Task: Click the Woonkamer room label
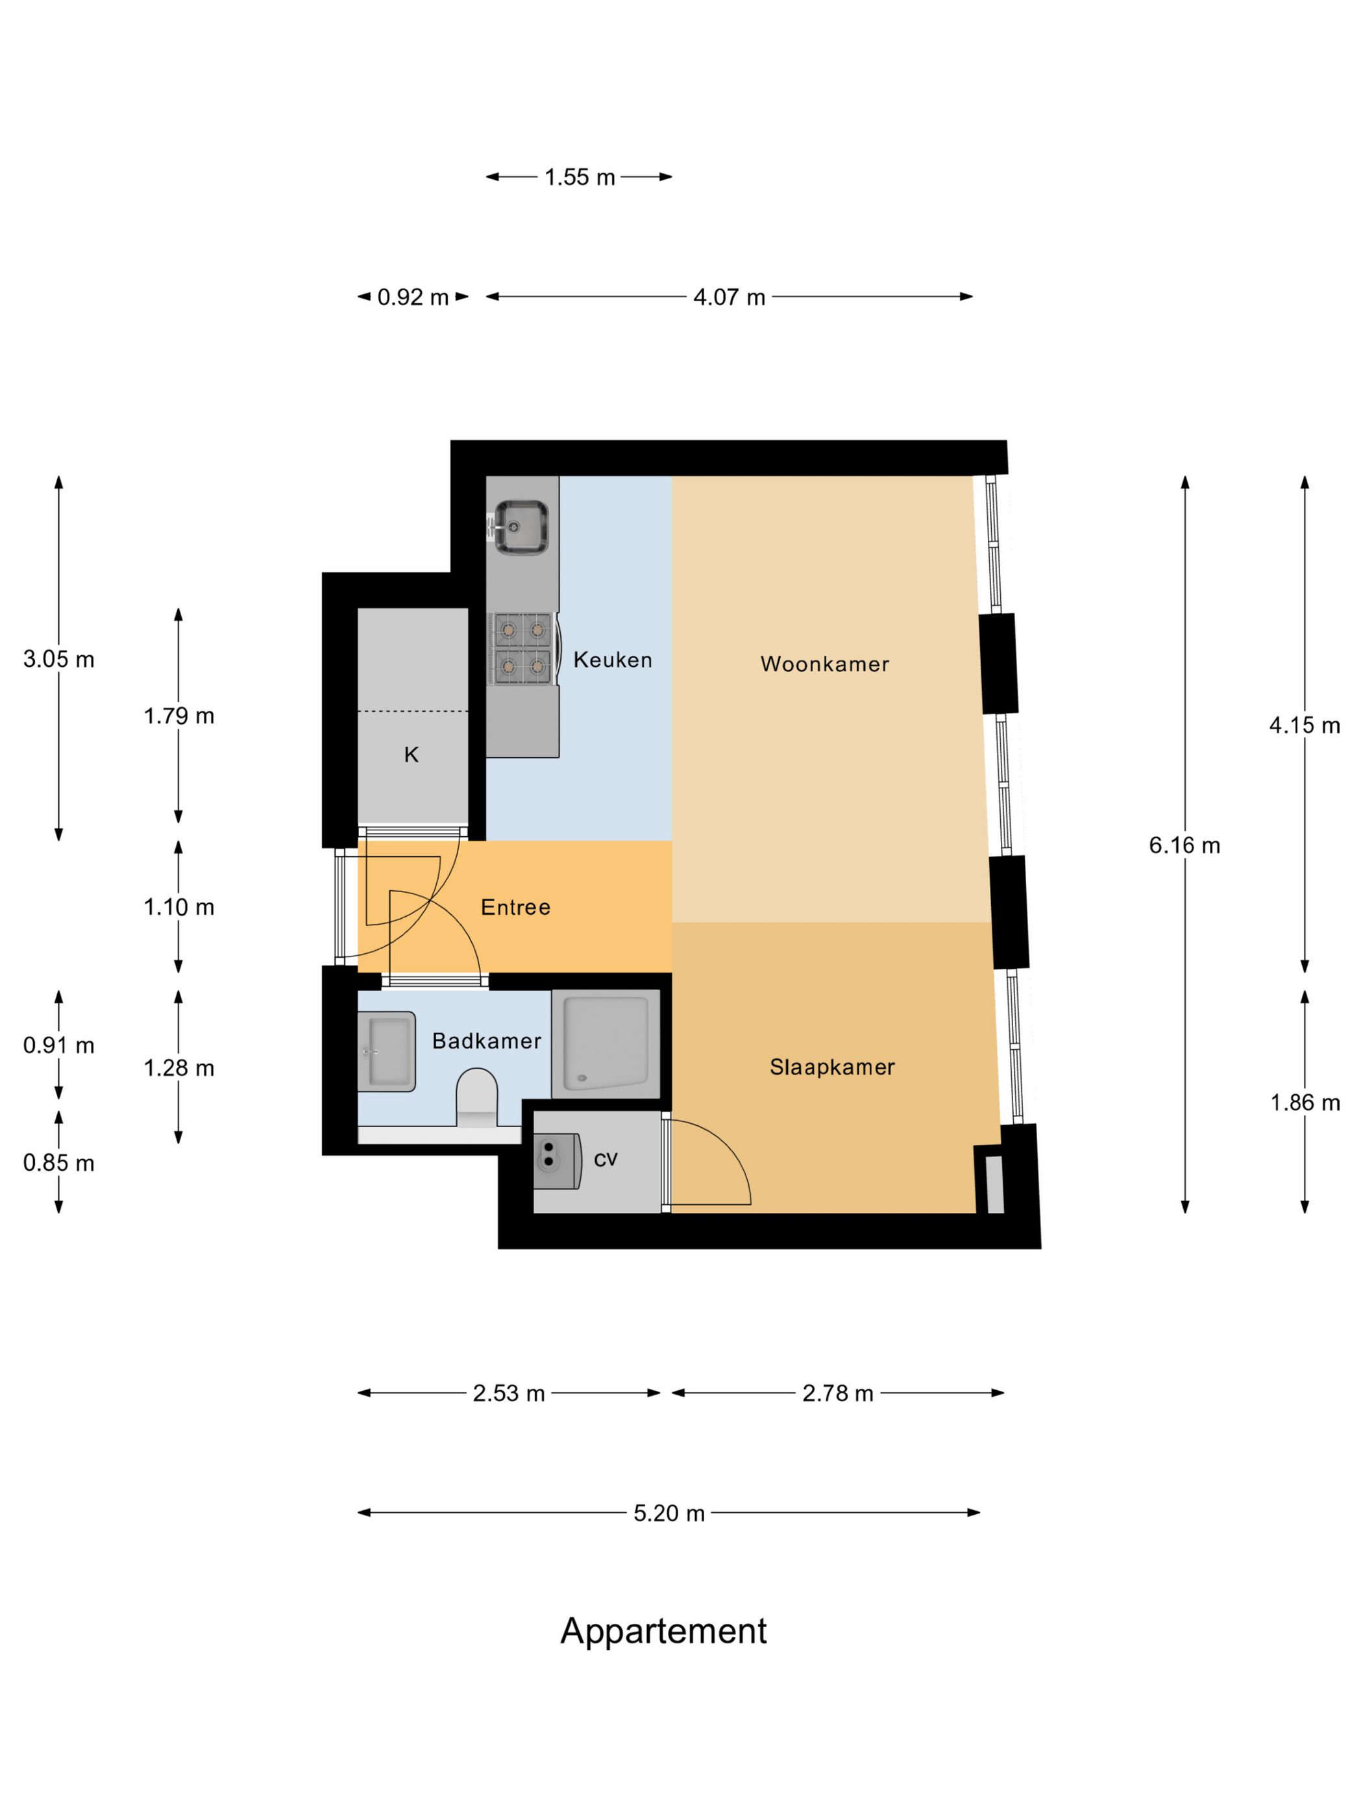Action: pyautogui.click(x=824, y=664)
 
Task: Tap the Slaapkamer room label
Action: pyautogui.click(x=831, y=1067)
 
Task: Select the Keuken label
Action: pyautogui.click(x=612, y=659)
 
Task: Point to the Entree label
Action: pyautogui.click(x=515, y=906)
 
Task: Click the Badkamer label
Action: pyautogui.click(x=486, y=1041)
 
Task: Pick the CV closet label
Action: pyautogui.click(x=605, y=1159)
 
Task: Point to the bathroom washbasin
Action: pyautogui.click(x=386, y=1051)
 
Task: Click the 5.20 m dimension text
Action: pyautogui.click(x=669, y=1512)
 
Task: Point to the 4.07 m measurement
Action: pyautogui.click(x=729, y=297)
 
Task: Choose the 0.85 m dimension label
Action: pyautogui.click(x=58, y=1163)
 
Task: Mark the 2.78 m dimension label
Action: pyautogui.click(x=837, y=1393)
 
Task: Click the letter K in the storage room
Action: pyautogui.click(x=411, y=754)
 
